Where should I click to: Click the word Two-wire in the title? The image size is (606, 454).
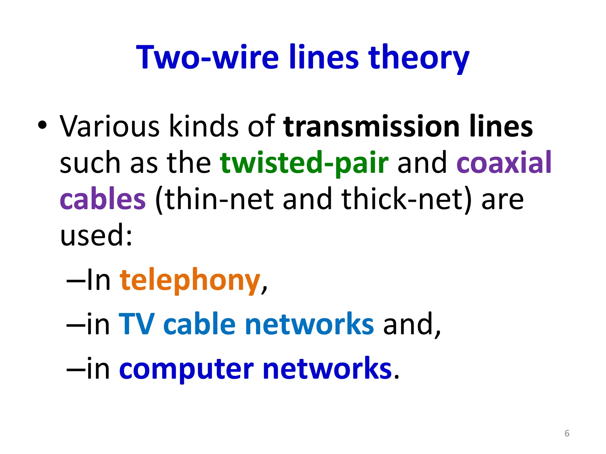coord(207,57)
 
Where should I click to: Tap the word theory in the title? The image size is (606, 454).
coord(418,58)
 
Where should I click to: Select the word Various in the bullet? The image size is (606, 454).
coord(109,127)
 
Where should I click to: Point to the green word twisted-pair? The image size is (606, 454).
coord(304,163)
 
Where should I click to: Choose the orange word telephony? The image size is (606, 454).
coord(190,280)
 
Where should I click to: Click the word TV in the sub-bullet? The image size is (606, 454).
coord(136,324)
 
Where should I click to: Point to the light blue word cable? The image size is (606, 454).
coord(199,324)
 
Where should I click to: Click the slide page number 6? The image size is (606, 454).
coord(567,433)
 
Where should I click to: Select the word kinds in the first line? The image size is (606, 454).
coord(204,127)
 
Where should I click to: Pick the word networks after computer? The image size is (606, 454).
coord(327,369)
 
